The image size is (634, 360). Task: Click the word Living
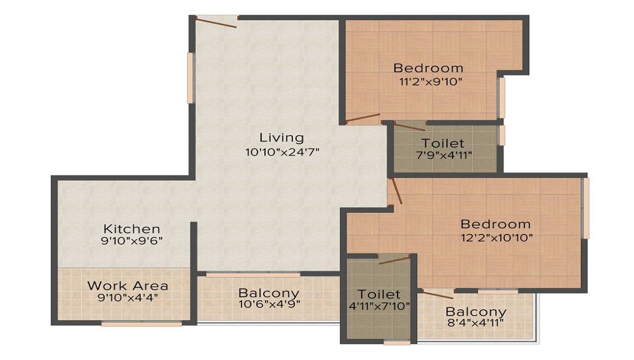tap(281, 138)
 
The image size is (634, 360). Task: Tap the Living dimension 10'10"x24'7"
tap(281, 152)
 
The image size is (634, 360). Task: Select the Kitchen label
tap(132, 228)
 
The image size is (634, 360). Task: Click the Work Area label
tap(127, 285)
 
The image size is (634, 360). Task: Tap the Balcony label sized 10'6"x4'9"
tap(268, 293)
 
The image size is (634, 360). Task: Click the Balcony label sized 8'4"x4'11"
tap(475, 312)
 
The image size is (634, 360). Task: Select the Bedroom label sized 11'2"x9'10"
tap(428, 68)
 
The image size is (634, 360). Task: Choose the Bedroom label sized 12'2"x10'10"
tap(495, 224)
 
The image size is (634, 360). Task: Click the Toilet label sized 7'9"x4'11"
tap(443, 144)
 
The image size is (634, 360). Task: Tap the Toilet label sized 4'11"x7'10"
tap(378, 294)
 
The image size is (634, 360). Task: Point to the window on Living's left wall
tap(190, 77)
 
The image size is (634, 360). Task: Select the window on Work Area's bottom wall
tap(141, 324)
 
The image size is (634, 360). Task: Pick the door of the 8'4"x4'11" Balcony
tap(437, 293)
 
